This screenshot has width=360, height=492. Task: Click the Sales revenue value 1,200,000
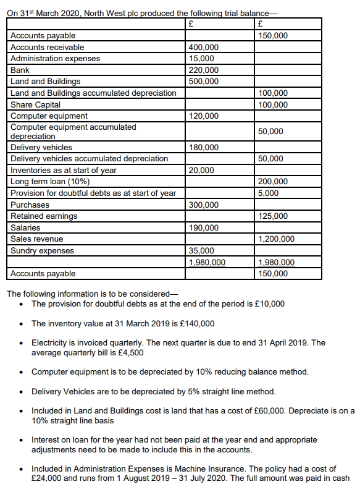click(276, 239)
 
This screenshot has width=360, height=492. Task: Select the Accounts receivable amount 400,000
click(203, 48)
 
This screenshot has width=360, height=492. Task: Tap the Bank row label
click(20, 70)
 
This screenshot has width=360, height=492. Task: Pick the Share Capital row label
click(35, 104)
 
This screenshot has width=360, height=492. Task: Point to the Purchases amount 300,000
click(203, 205)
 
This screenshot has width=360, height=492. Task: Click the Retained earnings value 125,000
click(272, 216)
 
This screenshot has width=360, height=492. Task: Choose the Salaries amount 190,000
click(203, 228)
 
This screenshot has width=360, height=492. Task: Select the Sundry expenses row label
click(42, 251)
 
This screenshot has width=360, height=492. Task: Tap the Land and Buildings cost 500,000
click(203, 82)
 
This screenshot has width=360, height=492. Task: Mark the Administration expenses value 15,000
click(201, 59)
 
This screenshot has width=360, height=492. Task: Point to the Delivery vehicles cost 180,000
click(203, 148)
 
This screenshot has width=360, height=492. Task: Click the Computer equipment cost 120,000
click(203, 116)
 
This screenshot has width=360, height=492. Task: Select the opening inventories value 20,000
click(201, 171)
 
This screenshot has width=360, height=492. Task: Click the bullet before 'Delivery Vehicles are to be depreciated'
click(22, 391)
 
